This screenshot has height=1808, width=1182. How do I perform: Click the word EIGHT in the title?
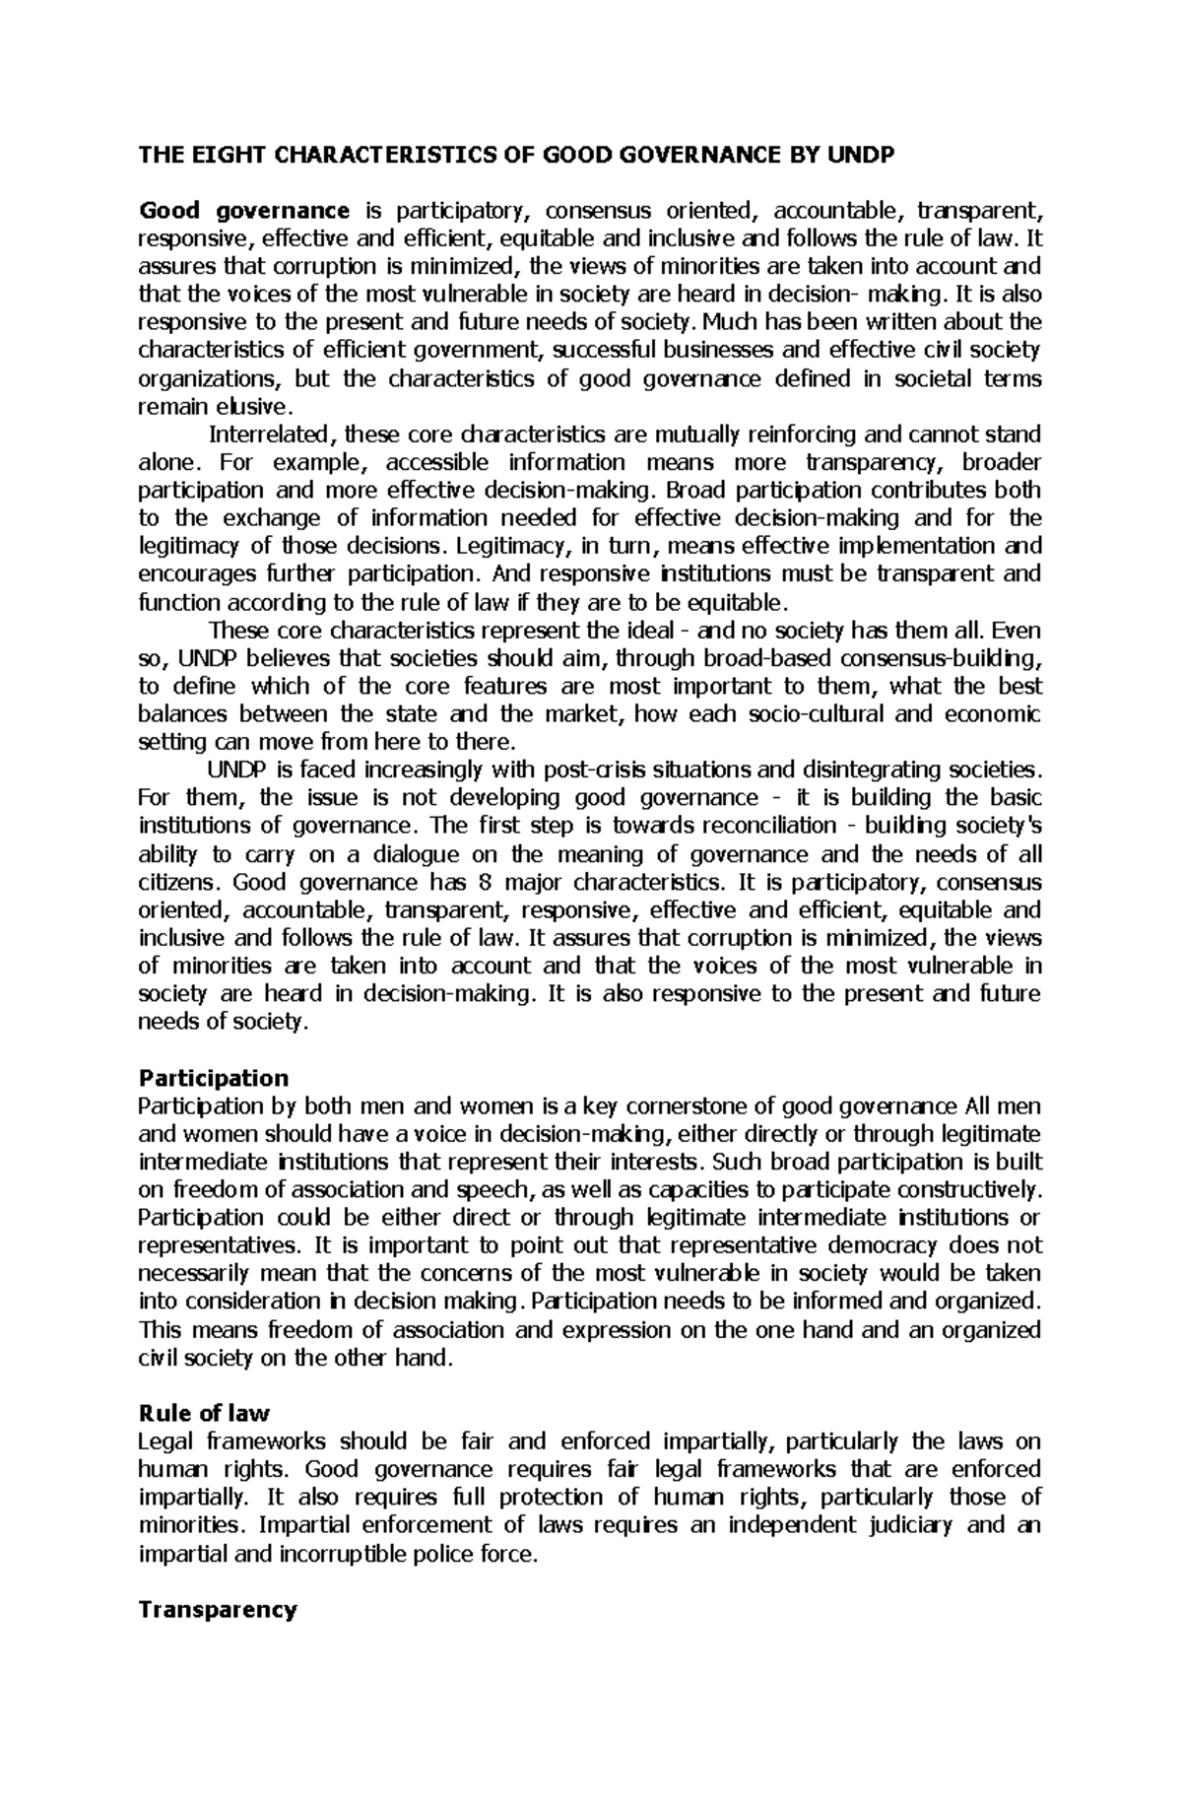pyautogui.click(x=217, y=155)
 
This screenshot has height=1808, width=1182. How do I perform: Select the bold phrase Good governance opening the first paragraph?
pyautogui.click(x=244, y=210)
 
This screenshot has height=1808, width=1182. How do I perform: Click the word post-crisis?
pyautogui.click(x=606, y=770)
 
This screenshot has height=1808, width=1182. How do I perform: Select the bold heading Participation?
pyautogui.click(x=214, y=1077)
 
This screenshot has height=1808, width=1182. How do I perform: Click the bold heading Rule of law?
pyautogui.click(x=204, y=1414)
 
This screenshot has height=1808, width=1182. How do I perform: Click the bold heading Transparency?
pyautogui.click(x=218, y=1610)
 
